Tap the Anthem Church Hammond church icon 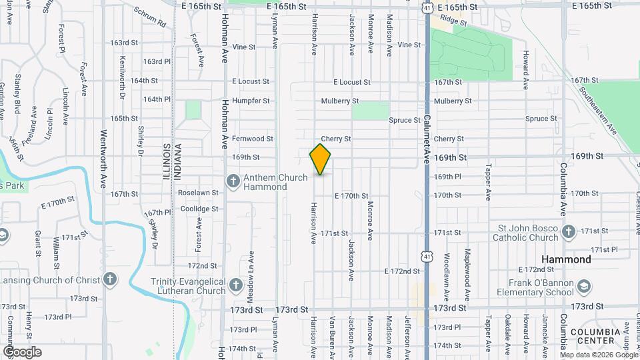click(x=233, y=179)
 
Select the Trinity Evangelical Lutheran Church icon click(x=235, y=285)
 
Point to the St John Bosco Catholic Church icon click(x=568, y=232)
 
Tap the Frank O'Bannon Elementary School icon click(x=583, y=287)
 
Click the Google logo click(x=22, y=352)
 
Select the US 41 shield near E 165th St click(x=427, y=7)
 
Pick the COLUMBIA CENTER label click(x=595, y=336)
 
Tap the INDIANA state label click(x=177, y=162)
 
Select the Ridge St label click(x=453, y=22)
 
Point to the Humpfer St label click(x=251, y=101)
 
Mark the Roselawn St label click(x=198, y=193)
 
